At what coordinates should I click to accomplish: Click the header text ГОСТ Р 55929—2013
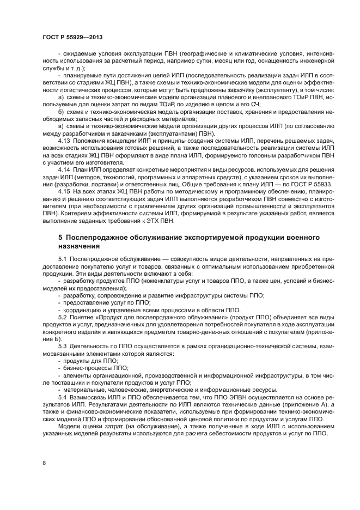click(x=72, y=37)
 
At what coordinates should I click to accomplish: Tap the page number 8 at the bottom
click(x=44, y=463)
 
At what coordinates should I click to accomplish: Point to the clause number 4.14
click(x=64, y=169)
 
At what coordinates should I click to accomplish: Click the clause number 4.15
click(x=64, y=192)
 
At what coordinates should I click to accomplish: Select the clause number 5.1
click(x=63, y=259)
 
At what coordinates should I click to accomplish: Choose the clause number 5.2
click(x=63, y=317)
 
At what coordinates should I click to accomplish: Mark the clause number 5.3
click(x=63, y=346)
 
